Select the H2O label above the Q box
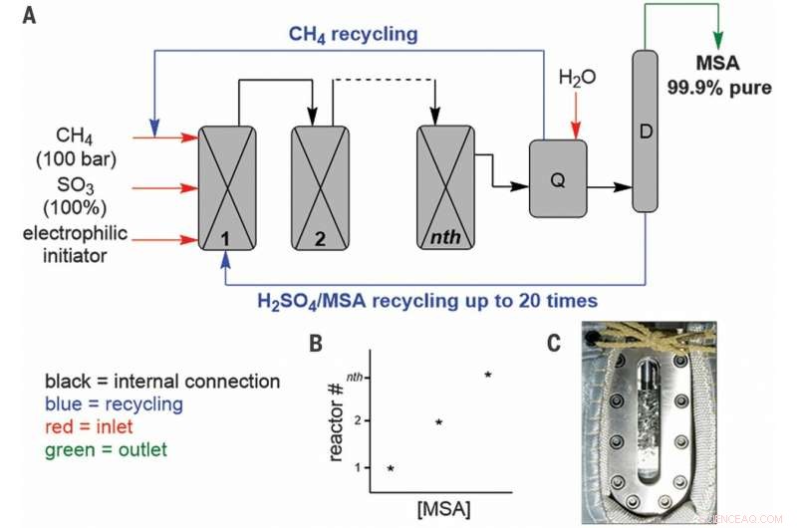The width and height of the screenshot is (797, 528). tap(575, 78)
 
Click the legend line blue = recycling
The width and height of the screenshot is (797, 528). tap(116, 403)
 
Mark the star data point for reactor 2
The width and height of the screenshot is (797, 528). tap(438, 422)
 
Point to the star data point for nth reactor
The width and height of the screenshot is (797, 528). tap(488, 375)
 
